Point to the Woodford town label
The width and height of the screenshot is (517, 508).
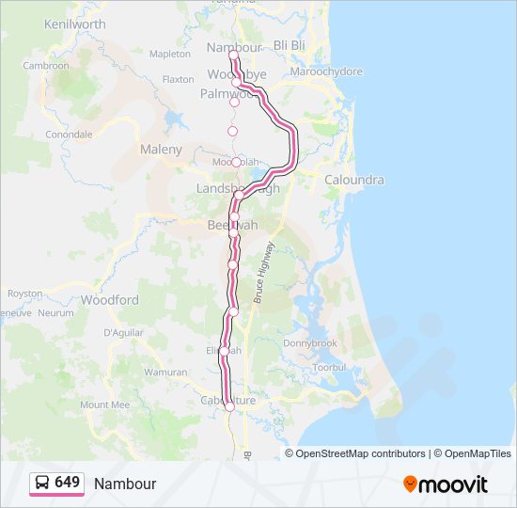click(x=109, y=300)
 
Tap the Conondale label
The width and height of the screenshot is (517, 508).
click(x=69, y=135)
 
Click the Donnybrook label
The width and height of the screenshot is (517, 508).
click(x=337, y=343)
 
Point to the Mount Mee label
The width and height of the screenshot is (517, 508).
click(x=104, y=405)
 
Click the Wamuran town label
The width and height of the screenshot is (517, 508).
click(x=165, y=373)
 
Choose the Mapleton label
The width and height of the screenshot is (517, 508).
click(x=169, y=55)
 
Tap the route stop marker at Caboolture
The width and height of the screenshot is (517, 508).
click(x=229, y=406)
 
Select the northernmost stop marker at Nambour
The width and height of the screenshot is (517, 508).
click(x=233, y=56)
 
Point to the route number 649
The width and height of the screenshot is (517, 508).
click(x=68, y=483)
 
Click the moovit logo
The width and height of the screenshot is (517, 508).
click(x=446, y=484)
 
